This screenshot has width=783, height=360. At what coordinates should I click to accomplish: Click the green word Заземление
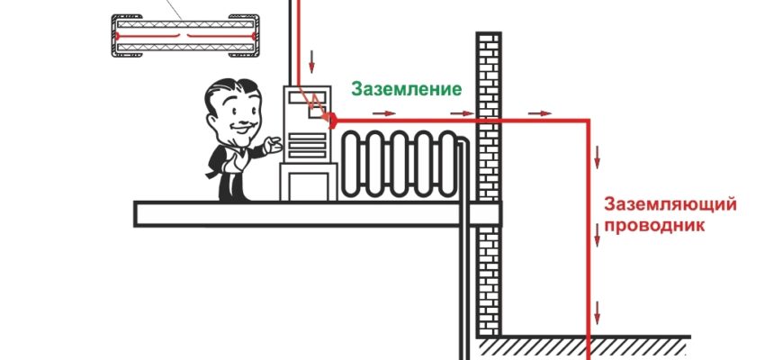[x=406, y=89]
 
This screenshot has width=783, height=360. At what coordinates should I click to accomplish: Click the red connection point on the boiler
[x=330, y=118]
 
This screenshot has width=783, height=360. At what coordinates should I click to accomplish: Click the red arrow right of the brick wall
[x=540, y=112]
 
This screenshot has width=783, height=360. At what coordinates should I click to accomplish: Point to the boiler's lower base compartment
[x=306, y=182]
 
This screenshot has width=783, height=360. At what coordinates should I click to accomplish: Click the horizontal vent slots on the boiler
[x=307, y=145]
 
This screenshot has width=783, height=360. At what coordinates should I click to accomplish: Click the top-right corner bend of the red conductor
[x=590, y=118]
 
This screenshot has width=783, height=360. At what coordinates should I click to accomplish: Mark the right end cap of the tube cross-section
[x=246, y=36]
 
